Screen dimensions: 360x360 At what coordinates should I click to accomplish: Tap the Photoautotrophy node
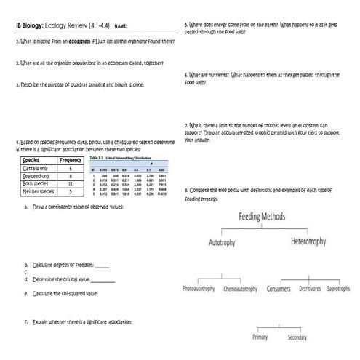tap(199, 288)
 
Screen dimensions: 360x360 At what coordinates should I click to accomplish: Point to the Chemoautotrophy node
tap(241, 288)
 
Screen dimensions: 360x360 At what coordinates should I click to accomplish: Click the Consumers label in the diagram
tap(279, 288)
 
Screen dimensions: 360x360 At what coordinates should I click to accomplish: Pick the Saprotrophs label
tap(339, 288)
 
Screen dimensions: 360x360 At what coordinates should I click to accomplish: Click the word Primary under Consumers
tap(260, 337)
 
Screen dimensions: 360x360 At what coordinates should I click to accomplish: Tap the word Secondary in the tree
tap(297, 337)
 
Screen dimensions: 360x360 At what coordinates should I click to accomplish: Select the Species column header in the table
tap(31, 160)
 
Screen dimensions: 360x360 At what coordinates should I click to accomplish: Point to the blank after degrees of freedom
tap(103, 265)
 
